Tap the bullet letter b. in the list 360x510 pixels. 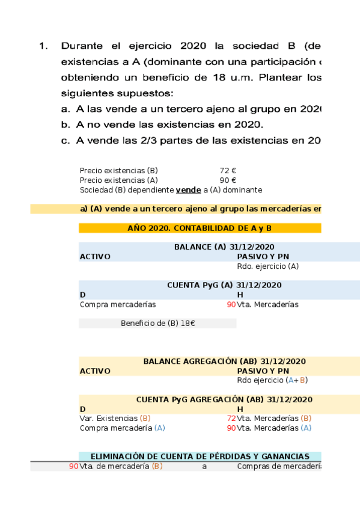66,124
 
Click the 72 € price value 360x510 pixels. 227,171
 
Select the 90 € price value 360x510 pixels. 227,180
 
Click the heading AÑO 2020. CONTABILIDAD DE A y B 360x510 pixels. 200,229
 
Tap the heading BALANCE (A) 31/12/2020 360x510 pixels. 224,247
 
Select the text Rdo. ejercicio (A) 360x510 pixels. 267,266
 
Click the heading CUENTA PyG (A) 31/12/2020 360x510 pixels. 224,285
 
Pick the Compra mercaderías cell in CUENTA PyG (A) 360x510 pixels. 117,304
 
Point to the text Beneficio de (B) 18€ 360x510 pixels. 157,324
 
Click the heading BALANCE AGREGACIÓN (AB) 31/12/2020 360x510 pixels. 224,361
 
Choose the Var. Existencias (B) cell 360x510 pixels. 115,418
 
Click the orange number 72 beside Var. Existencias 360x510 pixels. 231,418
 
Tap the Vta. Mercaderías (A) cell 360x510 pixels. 274,428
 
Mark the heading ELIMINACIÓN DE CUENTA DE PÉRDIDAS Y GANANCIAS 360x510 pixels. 200,457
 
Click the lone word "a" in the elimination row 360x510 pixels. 204,466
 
